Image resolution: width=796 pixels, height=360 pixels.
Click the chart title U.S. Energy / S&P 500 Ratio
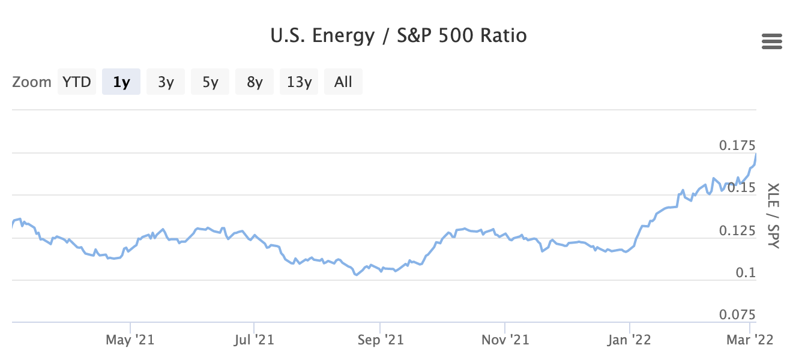coord(399,36)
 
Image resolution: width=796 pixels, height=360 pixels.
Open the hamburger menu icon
coord(771,41)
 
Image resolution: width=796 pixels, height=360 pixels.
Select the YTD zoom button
coord(77,82)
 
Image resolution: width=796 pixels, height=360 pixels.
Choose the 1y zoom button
coord(121,82)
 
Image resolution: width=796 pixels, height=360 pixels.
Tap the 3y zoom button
coord(166,82)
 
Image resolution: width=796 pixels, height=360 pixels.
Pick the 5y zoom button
coord(210,82)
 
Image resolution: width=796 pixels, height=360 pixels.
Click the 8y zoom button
coord(255,82)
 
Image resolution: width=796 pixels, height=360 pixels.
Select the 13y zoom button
coord(299,82)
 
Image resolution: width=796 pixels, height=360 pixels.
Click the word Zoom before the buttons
coord(32,82)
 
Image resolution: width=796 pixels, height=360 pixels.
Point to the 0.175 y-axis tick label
coord(737,145)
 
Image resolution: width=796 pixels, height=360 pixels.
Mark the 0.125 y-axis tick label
coord(737,230)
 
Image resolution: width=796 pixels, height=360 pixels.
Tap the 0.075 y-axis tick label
coord(737,315)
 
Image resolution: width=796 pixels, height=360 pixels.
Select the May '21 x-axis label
coord(130,340)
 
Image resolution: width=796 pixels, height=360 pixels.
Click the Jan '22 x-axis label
coord(629,340)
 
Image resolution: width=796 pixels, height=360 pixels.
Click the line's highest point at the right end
coord(755,154)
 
